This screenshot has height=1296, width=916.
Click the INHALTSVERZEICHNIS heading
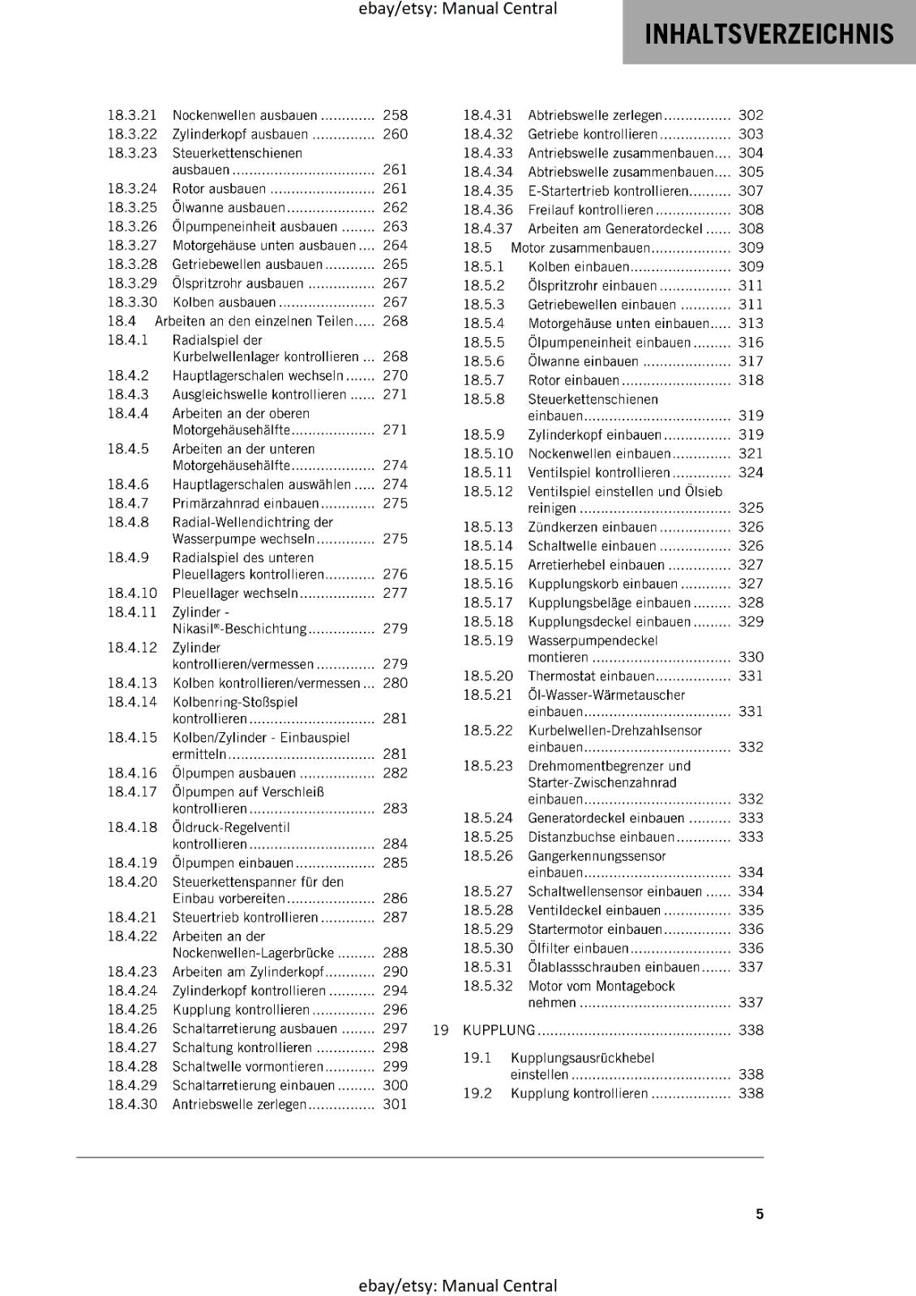point(768,34)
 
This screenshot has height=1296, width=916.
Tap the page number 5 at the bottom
point(760,1213)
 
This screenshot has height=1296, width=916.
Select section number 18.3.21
point(132,116)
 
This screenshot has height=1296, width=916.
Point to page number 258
point(395,116)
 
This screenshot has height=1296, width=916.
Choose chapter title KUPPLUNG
point(499,1030)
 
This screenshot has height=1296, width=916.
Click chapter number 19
point(440,1030)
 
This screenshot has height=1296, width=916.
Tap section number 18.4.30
point(132,1104)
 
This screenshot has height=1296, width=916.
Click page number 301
point(395,1104)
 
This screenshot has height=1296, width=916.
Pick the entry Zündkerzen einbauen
point(592,527)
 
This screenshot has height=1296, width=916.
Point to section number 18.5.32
point(488,986)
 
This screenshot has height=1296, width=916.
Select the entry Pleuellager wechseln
point(235,593)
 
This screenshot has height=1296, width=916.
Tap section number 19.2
point(477,1093)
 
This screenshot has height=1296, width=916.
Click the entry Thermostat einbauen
point(590,676)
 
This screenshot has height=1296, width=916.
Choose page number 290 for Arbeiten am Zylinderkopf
point(395,972)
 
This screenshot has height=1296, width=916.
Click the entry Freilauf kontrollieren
point(589,210)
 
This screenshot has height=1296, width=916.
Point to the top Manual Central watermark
point(458,9)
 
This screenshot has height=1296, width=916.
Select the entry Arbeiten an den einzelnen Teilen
point(254,322)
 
